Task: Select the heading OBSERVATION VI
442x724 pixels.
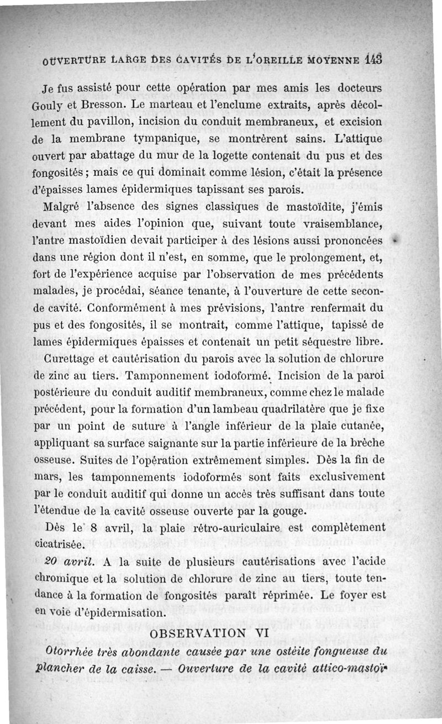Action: tap(209, 633)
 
